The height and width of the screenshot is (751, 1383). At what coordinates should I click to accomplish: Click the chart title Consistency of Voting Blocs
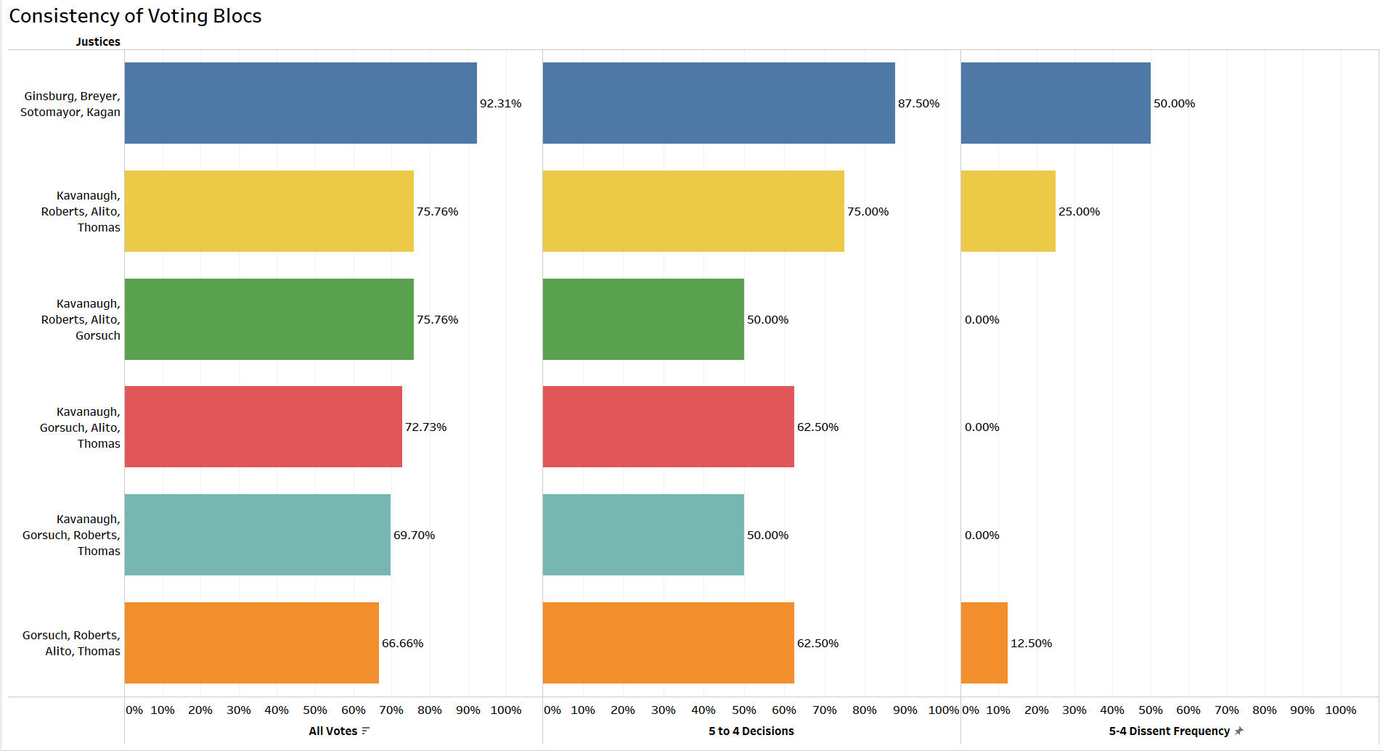click(x=135, y=16)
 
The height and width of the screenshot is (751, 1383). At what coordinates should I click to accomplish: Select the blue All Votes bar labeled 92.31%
click(x=301, y=103)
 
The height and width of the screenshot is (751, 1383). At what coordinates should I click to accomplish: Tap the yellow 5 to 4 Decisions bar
click(x=693, y=211)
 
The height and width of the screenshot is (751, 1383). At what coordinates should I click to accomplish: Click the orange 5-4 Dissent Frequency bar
click(x=984, y=643)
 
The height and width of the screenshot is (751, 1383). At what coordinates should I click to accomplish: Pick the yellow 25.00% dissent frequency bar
click(x=1008, y=211)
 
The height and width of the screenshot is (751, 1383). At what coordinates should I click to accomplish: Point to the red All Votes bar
click(x=263, y=427)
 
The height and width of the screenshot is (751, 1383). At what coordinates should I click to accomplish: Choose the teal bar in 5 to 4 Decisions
click(x=643, y=535)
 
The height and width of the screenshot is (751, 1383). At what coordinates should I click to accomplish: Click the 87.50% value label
click(x=918, y=104)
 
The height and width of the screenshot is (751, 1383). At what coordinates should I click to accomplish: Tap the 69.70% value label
click(x=414, y=535)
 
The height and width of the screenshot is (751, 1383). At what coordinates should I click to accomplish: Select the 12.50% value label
click(x=1031, y=644)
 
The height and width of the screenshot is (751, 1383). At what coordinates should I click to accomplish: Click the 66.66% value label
click(x=402, y=644)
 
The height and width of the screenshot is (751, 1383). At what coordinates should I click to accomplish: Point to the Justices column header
click(x=98, y=42)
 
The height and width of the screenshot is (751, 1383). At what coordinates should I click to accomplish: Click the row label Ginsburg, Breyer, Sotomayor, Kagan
click(x=71, y=104)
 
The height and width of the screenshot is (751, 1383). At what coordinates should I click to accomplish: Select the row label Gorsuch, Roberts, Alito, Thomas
click(x=72, y=643)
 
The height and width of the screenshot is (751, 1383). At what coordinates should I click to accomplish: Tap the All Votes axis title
click(x=333, y=731)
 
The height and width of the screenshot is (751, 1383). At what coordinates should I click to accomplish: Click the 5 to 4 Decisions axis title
click(x=751, y=731)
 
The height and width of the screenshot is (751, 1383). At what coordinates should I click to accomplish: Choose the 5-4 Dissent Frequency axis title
click(x=1169, y=731)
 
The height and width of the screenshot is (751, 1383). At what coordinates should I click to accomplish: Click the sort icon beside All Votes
click(x=365, y=731)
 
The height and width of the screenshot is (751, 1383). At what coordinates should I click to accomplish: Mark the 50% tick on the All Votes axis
click(x=314, y=710)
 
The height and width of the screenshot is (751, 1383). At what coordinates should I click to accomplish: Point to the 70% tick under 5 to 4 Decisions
click(x=824, y=710)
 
